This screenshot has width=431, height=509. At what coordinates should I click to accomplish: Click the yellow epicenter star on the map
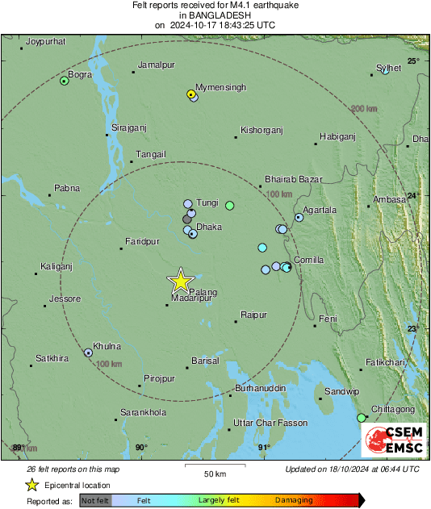(x=180, y=281)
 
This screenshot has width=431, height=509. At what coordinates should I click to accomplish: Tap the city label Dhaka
(x=209, y=227)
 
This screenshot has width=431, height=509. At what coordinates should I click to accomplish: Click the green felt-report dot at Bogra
(x=65, y=81)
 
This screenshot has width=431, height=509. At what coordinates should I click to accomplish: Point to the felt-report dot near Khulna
(x=88, y=353)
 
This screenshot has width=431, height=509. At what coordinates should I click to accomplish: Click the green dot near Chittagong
(x=361, y=417)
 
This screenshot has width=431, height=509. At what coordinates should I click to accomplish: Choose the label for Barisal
(x=205, y=361)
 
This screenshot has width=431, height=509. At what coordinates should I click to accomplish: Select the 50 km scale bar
(x=214, y=465)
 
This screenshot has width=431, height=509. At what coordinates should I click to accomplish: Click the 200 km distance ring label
(x=363, y=108)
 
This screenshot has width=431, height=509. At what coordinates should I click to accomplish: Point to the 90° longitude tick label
(x=141, y=447)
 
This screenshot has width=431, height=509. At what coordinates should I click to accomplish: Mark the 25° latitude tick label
(x=412, y=60)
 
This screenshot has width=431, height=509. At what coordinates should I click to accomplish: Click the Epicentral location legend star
(x=32, y=485)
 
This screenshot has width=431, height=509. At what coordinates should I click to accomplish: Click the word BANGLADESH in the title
(x=215, y=15)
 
